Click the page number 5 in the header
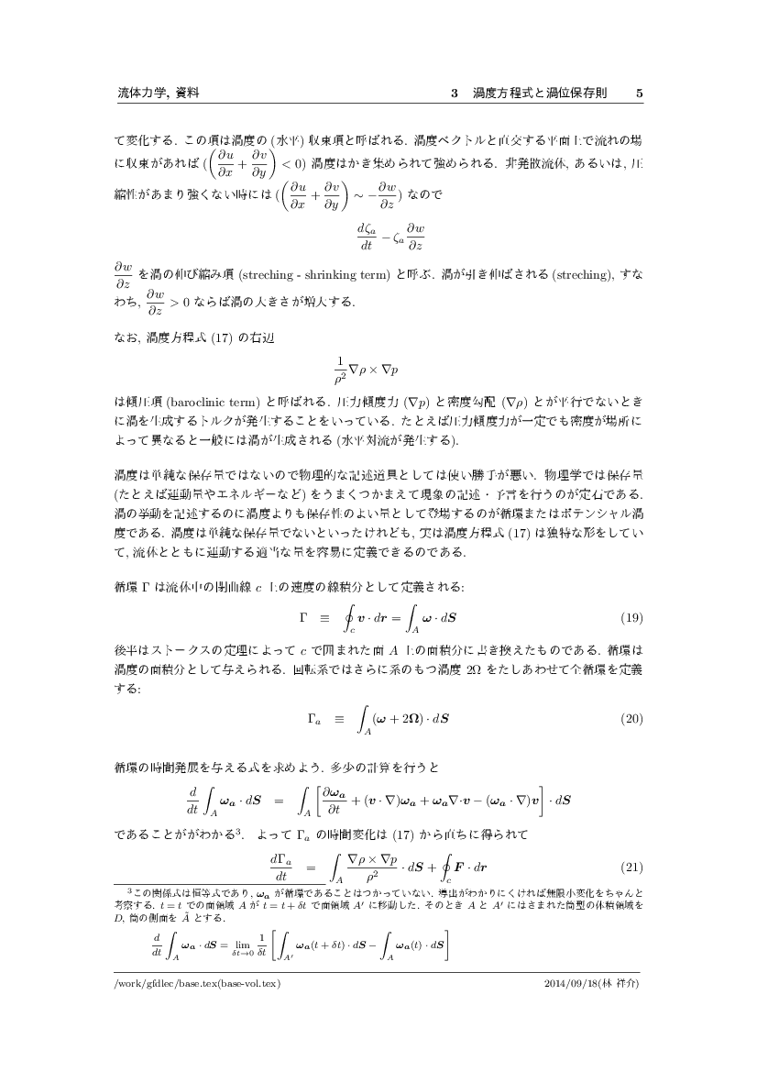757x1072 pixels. (x=639, y=94)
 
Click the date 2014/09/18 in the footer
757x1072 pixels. (x=571, y=984)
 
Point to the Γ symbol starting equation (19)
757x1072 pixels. (x=303, y=615)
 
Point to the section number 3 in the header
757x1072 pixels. (x=455, y=94)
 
